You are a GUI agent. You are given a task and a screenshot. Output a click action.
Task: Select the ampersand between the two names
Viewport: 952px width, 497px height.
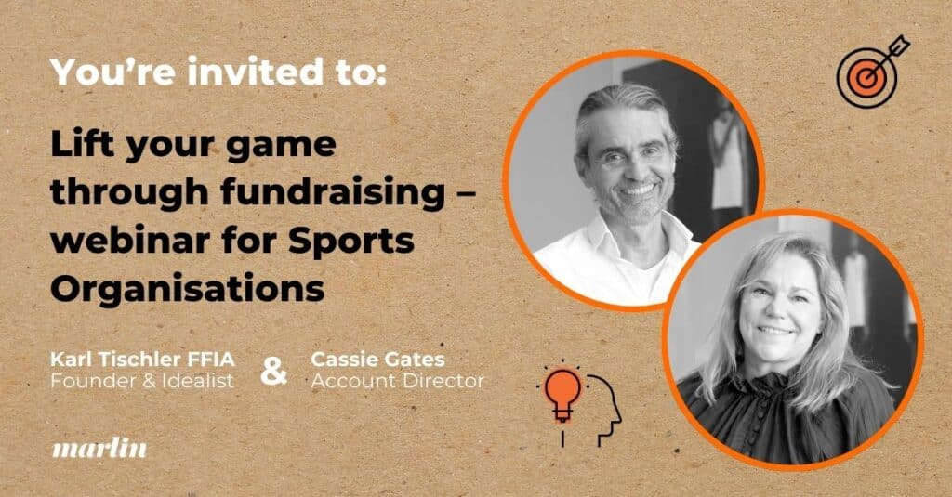click(273, 369)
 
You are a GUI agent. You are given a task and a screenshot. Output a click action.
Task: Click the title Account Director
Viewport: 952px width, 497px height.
click(398, 381)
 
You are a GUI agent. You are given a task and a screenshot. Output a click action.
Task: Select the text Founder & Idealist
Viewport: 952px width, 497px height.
click(142, 381)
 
